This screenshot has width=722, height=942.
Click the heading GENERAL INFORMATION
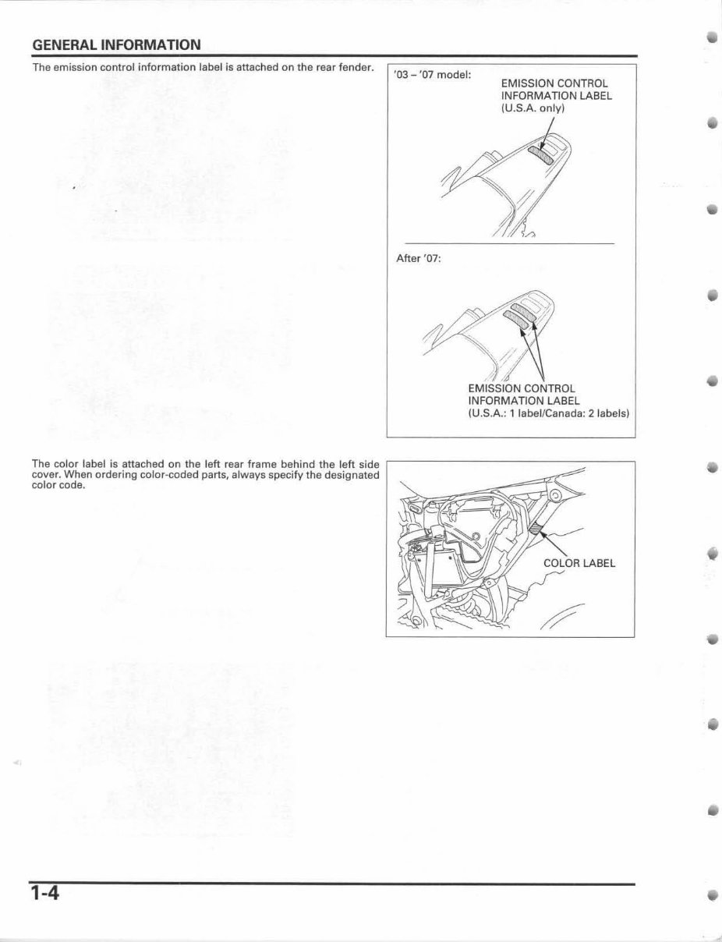coord(116,44)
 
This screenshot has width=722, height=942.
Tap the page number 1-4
coord(46,892)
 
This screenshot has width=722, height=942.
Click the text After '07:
coord(419,259)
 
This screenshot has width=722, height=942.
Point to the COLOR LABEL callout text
coord(579,564)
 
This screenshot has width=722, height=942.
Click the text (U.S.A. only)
coord(532,108)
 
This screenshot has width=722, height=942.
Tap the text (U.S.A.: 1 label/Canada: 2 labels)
coord(548,413)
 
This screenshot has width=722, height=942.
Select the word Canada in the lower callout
coord(554,413)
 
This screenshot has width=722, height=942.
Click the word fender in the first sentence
coord(355,67)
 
